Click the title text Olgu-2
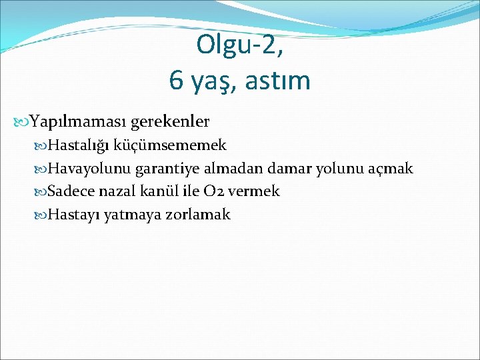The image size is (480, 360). [x=239, y=45]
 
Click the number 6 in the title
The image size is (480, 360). [x=177, y=81]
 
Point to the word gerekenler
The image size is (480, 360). [x=170, y=122]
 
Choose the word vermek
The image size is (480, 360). [x=254, y=192]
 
